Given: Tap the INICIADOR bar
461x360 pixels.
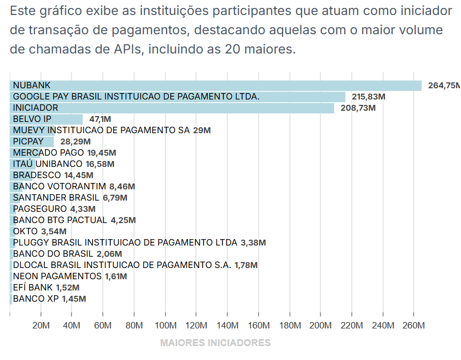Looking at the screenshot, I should [x=172, y=108].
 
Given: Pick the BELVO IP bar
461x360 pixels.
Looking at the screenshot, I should [x=46, y=119].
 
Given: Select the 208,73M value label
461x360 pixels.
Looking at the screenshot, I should [x=358, y=108].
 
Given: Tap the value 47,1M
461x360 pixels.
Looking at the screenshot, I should [x=100, y=119].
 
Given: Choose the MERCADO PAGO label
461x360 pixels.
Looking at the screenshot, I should [x=48, y=153].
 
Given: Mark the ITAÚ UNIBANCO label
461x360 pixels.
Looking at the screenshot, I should [x=48, y=164].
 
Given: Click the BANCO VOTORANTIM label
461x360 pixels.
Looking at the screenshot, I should [x=59, y=187].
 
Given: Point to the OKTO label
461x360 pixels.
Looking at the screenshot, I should [x=25, y=232].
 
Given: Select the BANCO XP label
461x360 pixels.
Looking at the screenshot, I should [x=36, y=299].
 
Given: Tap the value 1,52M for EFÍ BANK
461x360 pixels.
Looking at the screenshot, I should [x=68, y=288].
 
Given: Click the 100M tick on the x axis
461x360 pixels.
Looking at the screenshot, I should [x=165, y=326].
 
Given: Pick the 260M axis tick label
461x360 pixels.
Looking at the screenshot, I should [x=414, y=326].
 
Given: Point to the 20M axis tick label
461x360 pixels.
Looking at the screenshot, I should [x=41, y=326].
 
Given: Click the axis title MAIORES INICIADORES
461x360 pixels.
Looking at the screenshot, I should [x=215, y=343].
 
